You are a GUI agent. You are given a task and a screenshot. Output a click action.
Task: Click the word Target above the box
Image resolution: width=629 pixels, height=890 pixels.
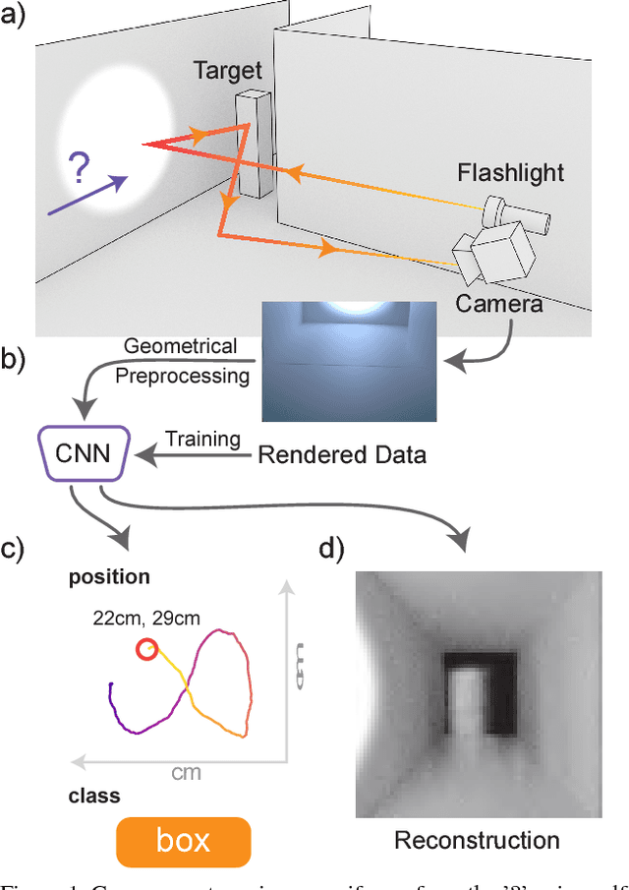(x=228, y=70)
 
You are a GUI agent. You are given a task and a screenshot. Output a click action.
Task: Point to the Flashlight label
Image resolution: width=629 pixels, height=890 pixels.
(x=510, y=173)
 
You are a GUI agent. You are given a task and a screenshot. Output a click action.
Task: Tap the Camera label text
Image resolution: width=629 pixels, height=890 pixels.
(x=498, y=304)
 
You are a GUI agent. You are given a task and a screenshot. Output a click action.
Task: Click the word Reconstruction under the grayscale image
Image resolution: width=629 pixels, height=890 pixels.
(x=477, y=840)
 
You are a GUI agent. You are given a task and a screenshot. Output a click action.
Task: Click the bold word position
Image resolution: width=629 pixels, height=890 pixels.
(x=109, y=576)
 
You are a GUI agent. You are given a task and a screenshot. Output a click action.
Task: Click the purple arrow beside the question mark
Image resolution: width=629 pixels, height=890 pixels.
(x=86, y=195)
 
